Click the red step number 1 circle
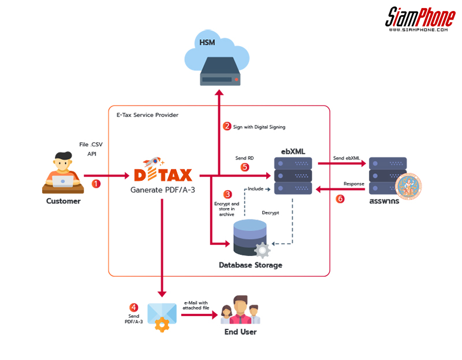point(96,184)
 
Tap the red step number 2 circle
point(227,126)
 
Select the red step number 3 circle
point(228,194)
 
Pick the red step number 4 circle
point(134,307)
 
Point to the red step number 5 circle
point(245,168)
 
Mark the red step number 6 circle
point(340,199)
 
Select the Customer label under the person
point(64,201)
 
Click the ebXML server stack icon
point(293,175)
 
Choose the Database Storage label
point(251,265)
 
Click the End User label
point(240,332)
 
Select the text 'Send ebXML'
point(346,157)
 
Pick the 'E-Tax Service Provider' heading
point(146,115)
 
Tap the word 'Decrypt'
point(270,213)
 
